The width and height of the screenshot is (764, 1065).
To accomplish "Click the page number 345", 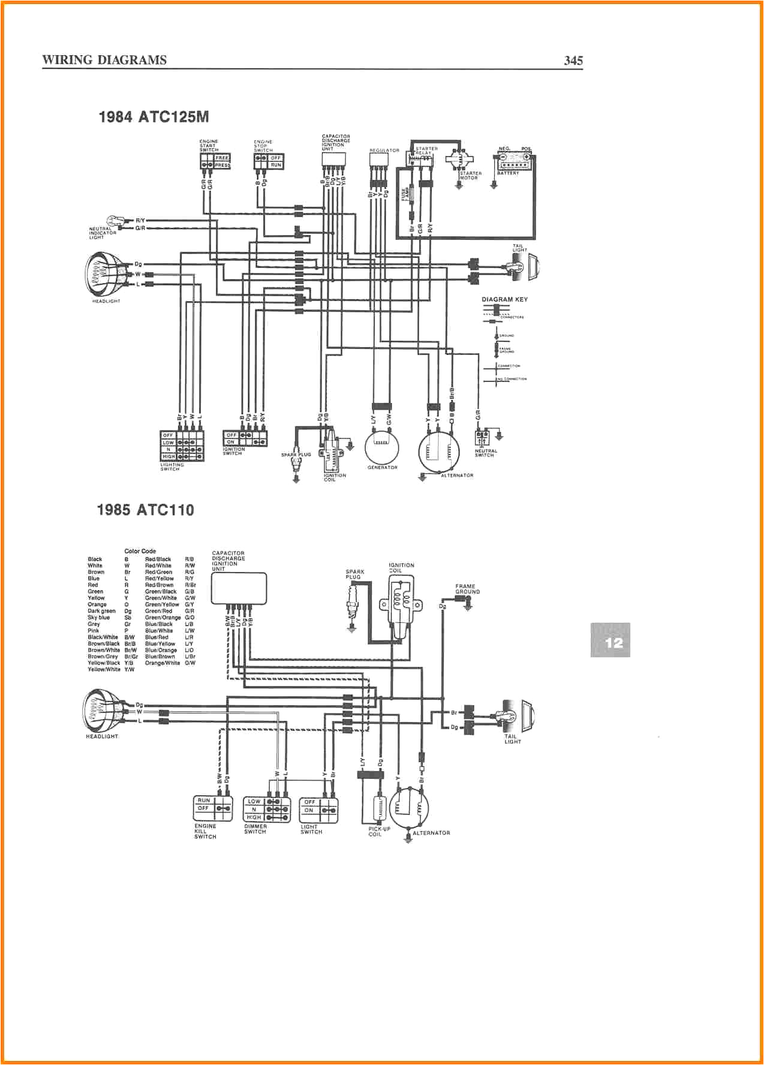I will [x=573, y=60].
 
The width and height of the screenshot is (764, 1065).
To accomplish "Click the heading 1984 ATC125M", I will [x=154, y=117].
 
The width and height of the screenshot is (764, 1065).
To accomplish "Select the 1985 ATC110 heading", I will [x=145, y=510].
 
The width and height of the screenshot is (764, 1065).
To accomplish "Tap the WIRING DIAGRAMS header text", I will [x=104, y=60].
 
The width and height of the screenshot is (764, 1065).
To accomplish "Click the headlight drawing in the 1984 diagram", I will [x=104, y=274].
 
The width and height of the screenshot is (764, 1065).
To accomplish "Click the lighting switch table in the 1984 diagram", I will [x=182, y=446].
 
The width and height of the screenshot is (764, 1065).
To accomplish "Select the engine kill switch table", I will [x=213, y=808].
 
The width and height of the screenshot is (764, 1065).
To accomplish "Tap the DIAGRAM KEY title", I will [x=504, y=299].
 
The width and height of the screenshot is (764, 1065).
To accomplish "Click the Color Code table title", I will [x=140, y=551].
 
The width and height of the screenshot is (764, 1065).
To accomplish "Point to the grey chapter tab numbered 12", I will [x=610, y=640].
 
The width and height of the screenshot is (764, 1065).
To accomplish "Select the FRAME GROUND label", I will [x=467, y=589].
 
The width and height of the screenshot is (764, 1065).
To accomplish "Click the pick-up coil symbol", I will [x=378, y=810].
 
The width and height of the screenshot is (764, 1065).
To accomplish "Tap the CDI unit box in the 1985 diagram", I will [x=239, y=588].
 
